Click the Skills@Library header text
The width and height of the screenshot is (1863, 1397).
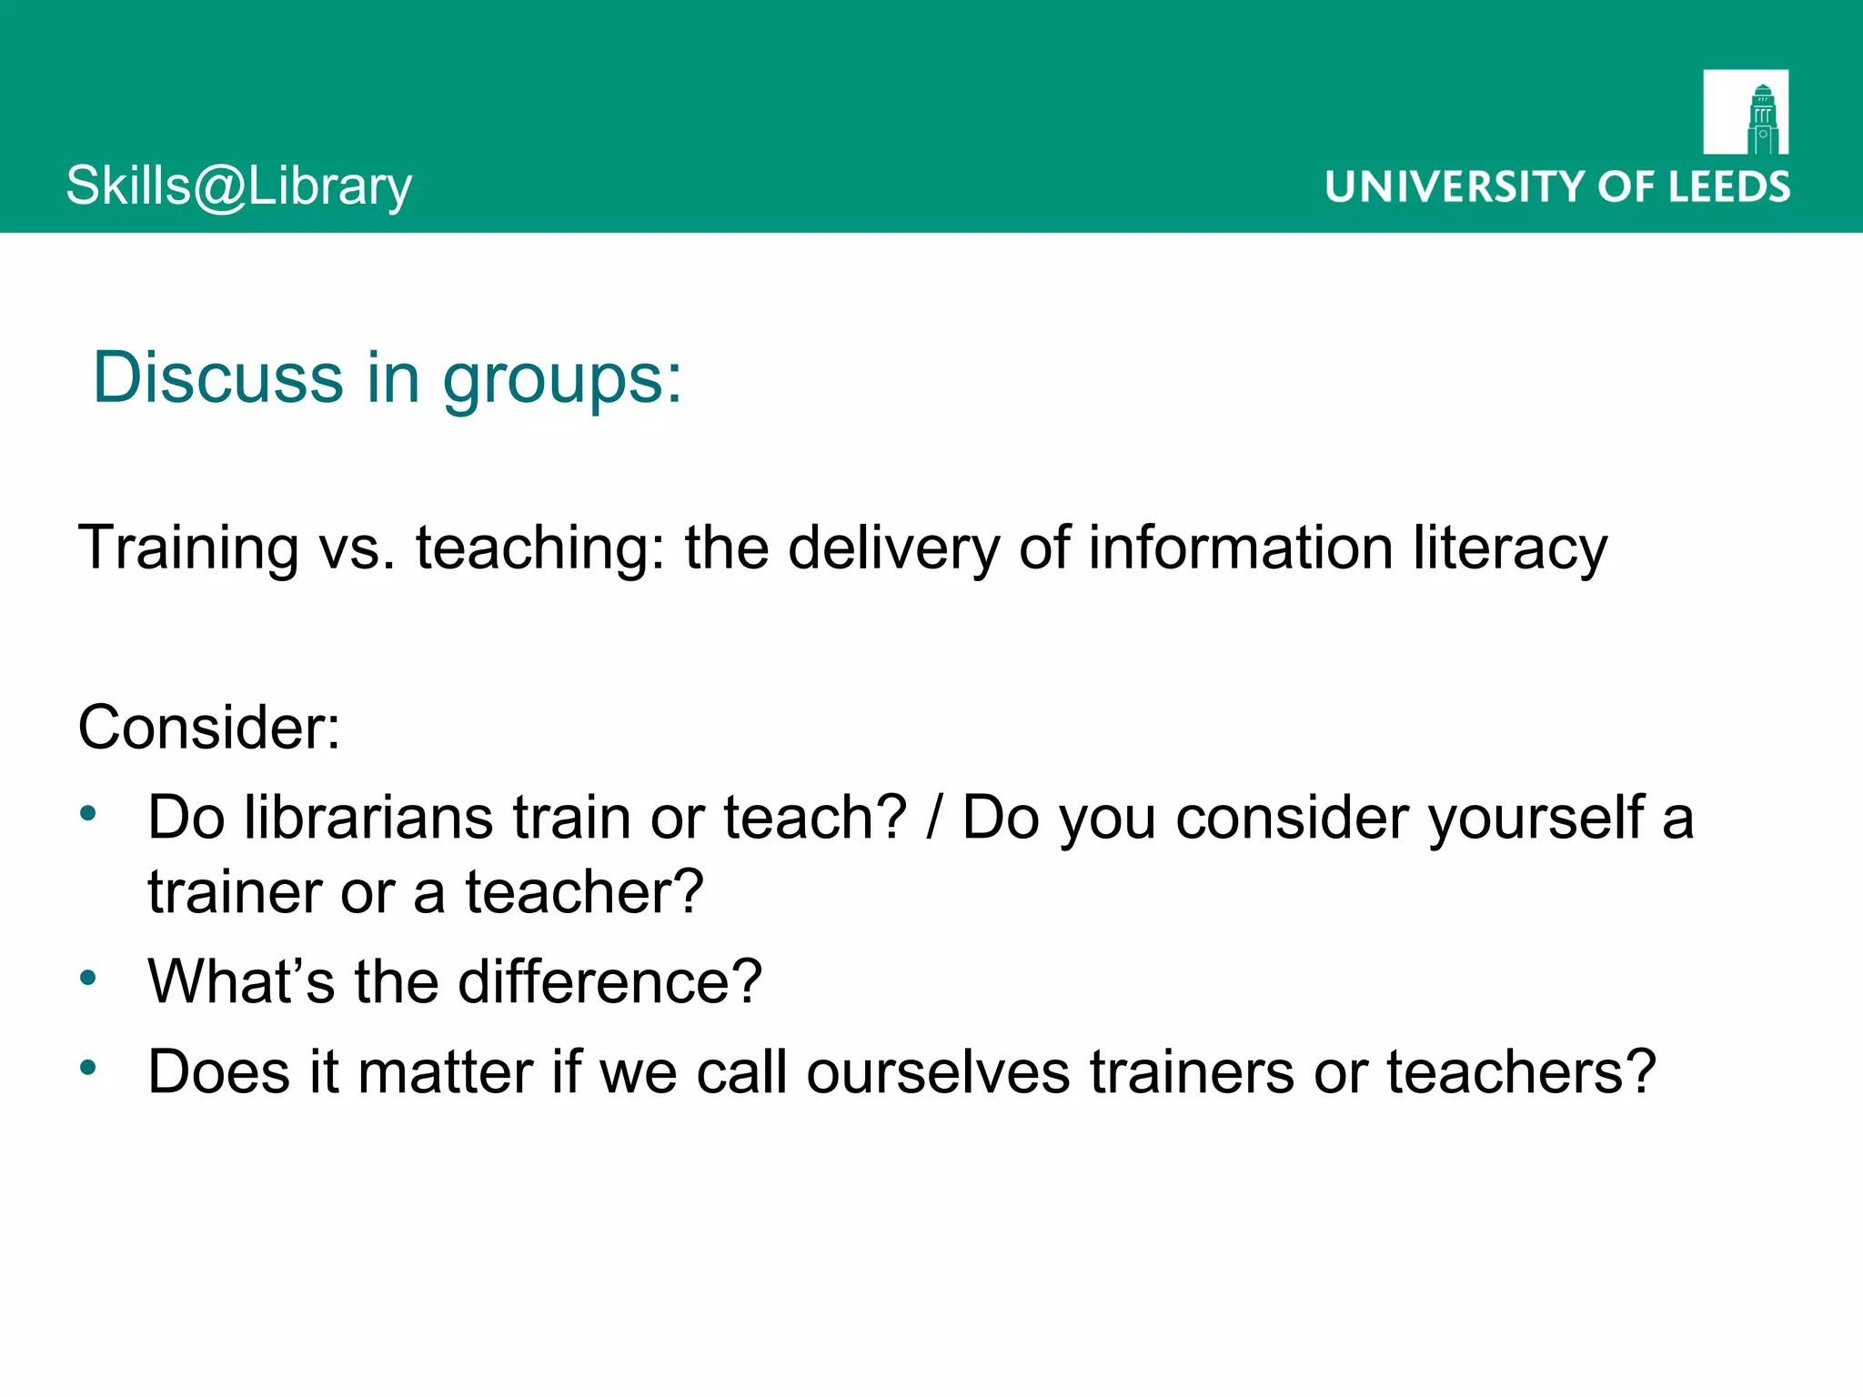tap(239, 186)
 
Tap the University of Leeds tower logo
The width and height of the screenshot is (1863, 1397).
tap(1746, 112)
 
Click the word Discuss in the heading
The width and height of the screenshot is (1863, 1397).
tap(218, 377)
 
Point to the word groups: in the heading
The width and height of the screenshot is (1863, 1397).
tap(562, 380)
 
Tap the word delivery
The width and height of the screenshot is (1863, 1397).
tap(893, 548)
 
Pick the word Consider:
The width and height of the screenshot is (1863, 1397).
tap(209, 728)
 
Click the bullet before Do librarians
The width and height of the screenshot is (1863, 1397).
tap(87, 812)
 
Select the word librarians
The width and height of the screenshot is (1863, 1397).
tap(368, 817)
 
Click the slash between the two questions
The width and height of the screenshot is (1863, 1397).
tap(933, 817)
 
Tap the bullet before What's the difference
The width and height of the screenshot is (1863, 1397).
tap(87, 978)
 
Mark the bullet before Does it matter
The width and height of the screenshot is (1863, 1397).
tap(87, 1067)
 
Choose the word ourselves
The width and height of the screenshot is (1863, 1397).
tap(938, 1072)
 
